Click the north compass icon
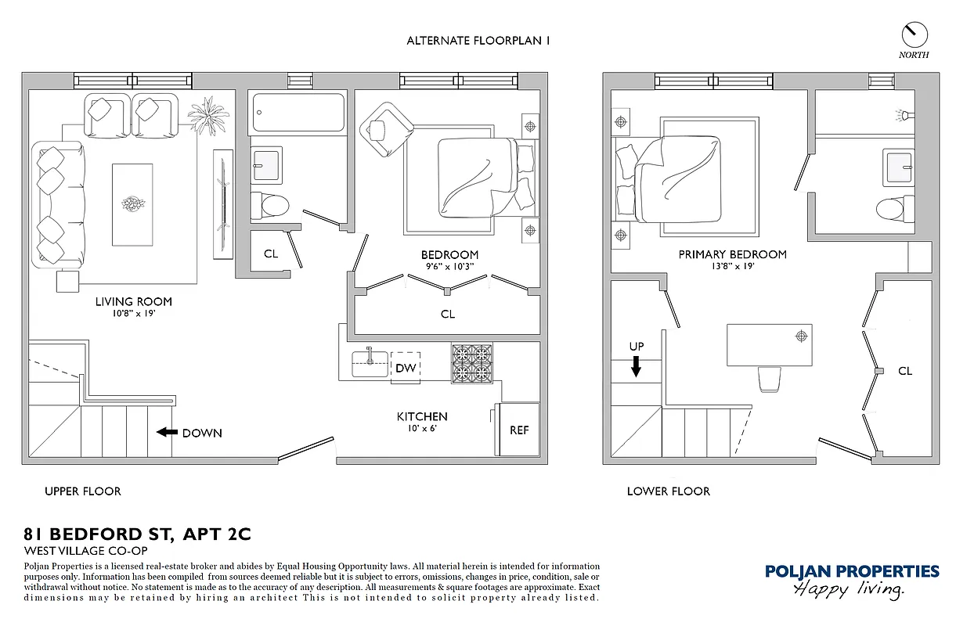click(x=914, y=34)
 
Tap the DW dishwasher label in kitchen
click(x=405, y=368)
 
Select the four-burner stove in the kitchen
click(x=471, y=363)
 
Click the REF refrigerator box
click(x=518, y=430)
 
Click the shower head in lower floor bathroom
click(x=904, y=116)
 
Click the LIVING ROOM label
click(x=134, y=301)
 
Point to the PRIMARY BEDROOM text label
click(x=732, y=254)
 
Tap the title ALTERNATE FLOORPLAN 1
click(x=478, y=41)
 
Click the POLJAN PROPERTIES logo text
click(x=852, y=571)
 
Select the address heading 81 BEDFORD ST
click(x=137, y=535)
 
